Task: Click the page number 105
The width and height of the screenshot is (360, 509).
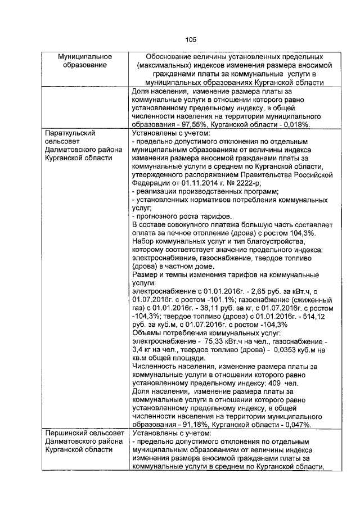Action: click(x=190, y=39)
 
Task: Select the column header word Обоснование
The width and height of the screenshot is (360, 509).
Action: click(x=173, y=57)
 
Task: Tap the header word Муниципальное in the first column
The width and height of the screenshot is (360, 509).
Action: click(x=85, y=57)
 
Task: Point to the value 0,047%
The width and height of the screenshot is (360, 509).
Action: click(x=299, y=425)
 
